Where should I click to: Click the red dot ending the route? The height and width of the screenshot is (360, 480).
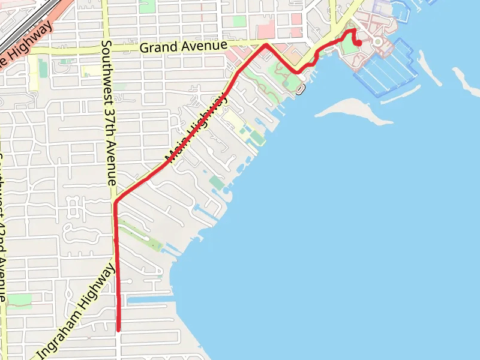click(x=359, y=43)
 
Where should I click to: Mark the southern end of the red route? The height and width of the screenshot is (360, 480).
click(x=119, y=329)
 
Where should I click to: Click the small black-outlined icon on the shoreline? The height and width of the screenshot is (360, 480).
click(x=300, y=89)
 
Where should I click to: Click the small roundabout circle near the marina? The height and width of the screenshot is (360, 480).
click(x=377, y=41)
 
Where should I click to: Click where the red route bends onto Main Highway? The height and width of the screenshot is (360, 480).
click(x=116, y=201)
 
